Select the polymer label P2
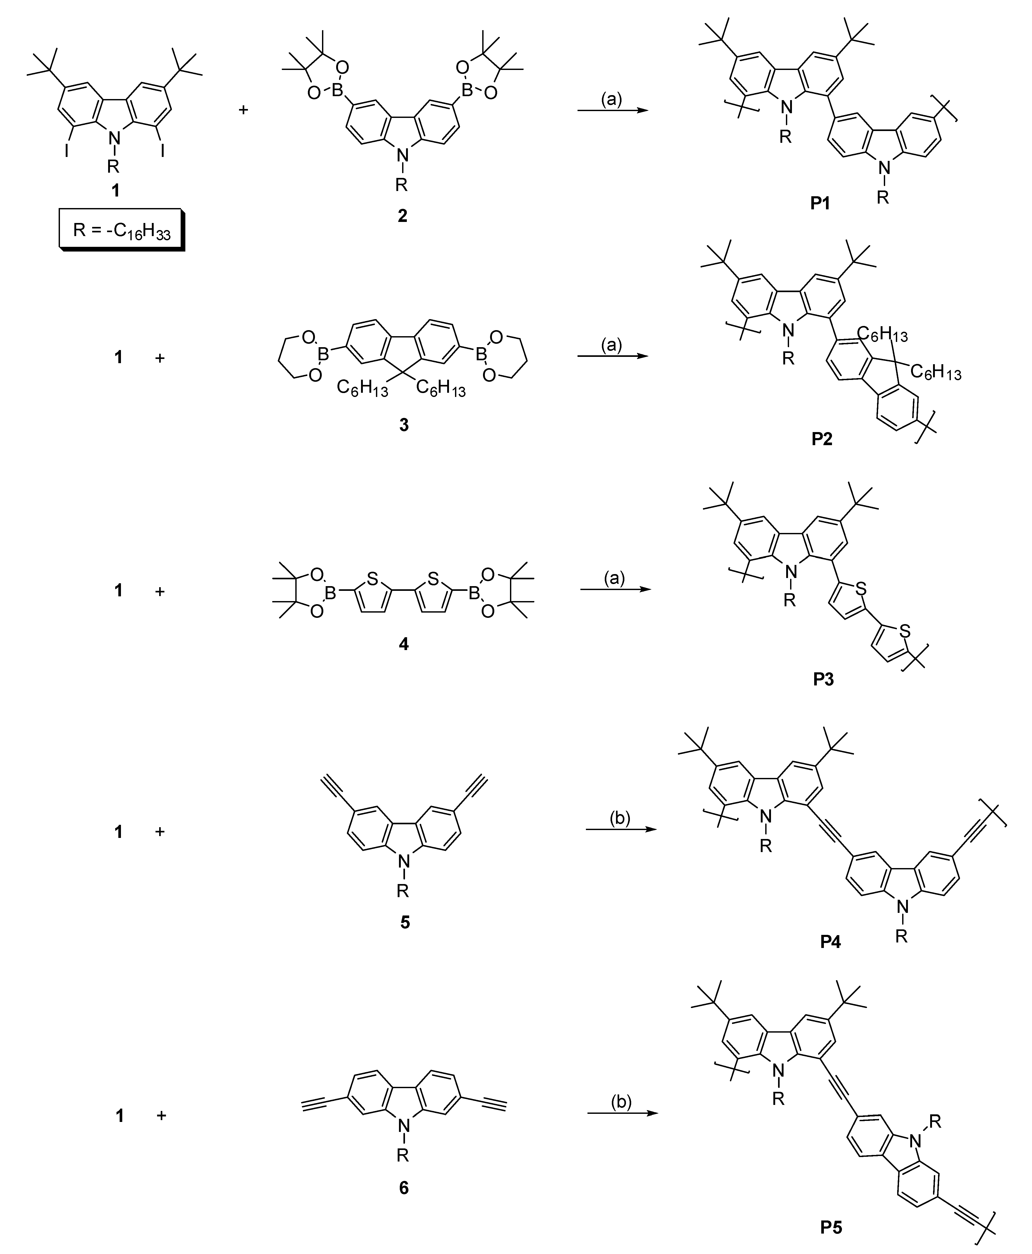[x=822, y=439]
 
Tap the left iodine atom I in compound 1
[x=67, y=151]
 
